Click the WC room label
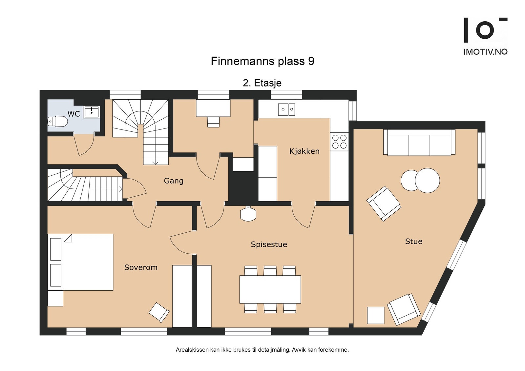pyautogui.click(x=74, y=114)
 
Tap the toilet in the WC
pyautogui.click(x=57, y=122)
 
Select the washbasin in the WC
pyautogui.click(x=92, y=112)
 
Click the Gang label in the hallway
pyautogui.click(x=174, y=181)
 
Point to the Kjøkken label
pyautogui.click(x=304, y=151)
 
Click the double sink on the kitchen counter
pyautogui.click(x=286, y=109)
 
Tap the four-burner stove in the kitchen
pyautogui.click(x=339, y=142)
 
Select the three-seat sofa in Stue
pyautogui.click(x=419, y=142)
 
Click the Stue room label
pyautogui.click(x=414, y=241)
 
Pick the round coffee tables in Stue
pyautogui.click(x=420, y=180)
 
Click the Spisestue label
pyautogui.click(x=269, y=244)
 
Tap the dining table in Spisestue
pyautogui.click(x=270, y=289)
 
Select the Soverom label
pyautogui.click(x=141, y=267)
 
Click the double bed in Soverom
pyautogui.click(x=80, y=262)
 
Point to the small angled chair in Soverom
pyautogui.click(x=159, y=312)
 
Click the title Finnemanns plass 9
pyautogui.click(x=262, y=61)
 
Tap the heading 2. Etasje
pyautogui.click(x=262, y=83)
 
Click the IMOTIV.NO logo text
pyautogui.click(x=485, y=52)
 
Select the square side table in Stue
pyautogui.click(x=375, y=315)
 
